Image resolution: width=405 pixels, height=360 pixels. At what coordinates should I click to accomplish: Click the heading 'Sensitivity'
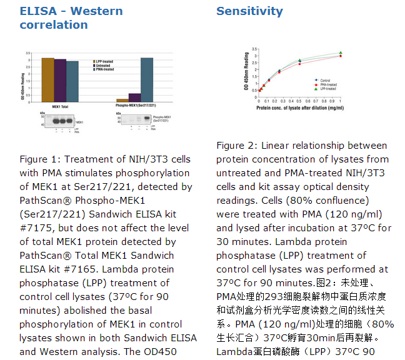pos(249,11)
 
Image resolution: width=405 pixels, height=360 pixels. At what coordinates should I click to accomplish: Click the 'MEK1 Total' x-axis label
pos(61,106)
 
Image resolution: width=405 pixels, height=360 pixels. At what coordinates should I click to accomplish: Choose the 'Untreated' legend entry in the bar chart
pos(103,65)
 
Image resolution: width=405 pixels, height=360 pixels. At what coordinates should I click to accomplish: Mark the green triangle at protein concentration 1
pos(341,53)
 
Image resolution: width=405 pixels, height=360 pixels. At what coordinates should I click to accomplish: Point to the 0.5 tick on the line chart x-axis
pos(300,101)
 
